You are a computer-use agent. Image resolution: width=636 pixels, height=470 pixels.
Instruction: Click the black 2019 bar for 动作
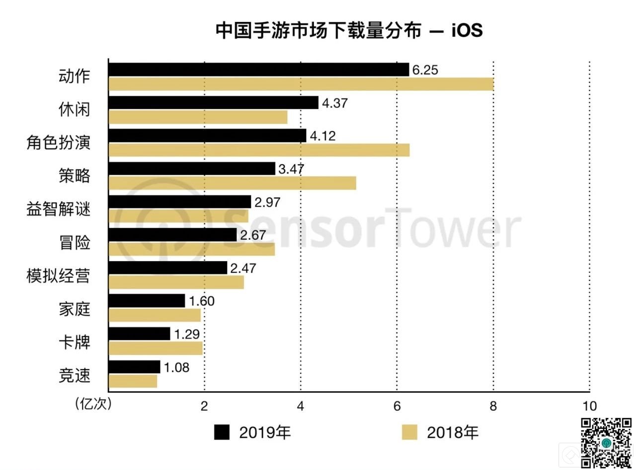(258, 69)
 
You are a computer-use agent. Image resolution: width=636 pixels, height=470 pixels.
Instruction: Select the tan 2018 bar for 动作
(301, 84)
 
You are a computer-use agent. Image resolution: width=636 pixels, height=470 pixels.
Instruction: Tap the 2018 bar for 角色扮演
(258, 150)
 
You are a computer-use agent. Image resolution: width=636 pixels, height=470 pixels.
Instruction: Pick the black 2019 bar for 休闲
(213, 103)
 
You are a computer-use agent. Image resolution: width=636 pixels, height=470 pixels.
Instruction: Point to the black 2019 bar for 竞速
(134, 367)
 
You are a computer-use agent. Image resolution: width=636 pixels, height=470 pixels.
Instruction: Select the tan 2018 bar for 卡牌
(156, 348)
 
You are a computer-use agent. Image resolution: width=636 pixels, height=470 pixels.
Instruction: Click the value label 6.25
(425, 70)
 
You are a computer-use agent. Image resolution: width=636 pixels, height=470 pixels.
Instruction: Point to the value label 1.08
(176, 368)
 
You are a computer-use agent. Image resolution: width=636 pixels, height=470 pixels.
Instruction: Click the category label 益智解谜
(59, 208)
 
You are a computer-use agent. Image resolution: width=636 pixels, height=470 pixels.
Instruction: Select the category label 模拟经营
(59, 275)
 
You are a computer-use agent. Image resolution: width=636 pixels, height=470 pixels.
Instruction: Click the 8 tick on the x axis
(493, 406)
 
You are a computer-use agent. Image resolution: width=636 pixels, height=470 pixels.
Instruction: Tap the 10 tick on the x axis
(589, 406)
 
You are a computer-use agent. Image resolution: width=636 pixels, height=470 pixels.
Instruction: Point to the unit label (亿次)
(93, 404)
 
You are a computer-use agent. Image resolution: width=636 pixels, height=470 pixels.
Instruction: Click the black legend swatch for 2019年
(222, 432)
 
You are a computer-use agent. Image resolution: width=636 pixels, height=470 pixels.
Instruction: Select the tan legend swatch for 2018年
(409, 432)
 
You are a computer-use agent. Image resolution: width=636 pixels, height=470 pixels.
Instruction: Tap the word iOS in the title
(467, 31)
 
